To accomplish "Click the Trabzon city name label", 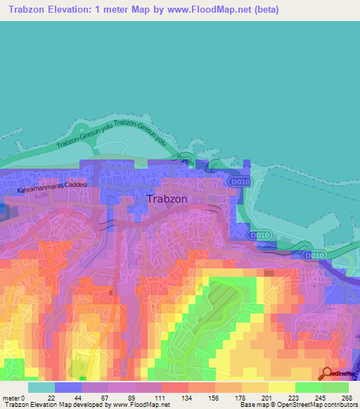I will coord(167,199).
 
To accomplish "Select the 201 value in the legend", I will coord(269,397).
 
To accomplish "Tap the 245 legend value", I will coord(322,397).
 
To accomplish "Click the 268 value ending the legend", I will coord(347,397).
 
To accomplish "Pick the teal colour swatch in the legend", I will coord(41,387).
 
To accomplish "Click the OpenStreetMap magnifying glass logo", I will coord(328,373).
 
